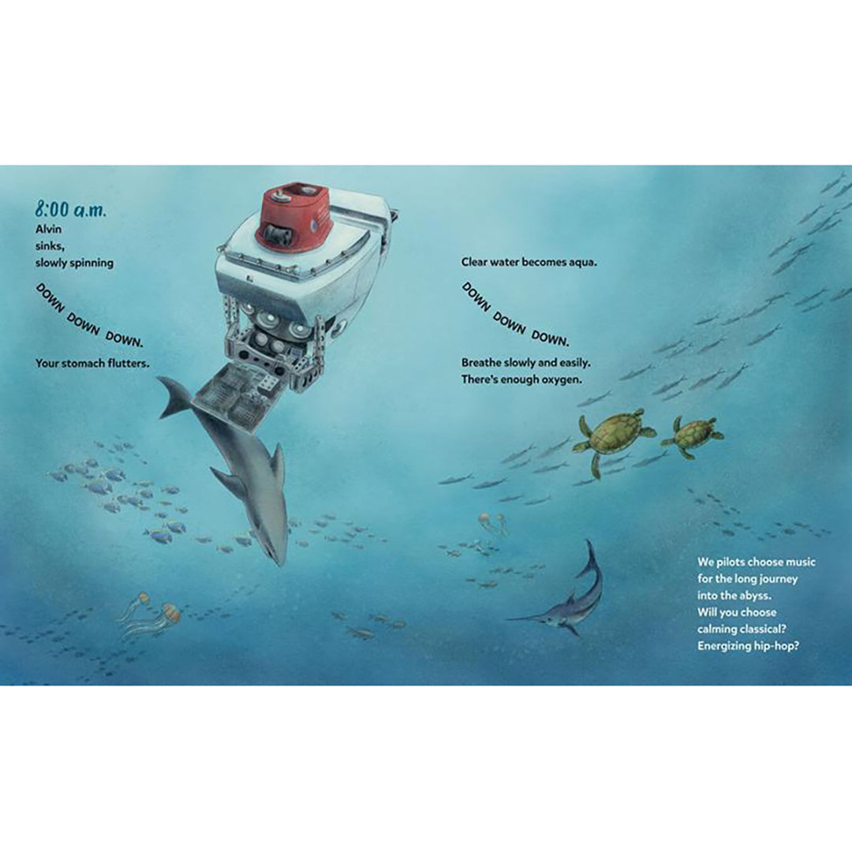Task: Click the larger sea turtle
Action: click(x=614, y=436)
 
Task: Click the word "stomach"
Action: click(x=88, y=364)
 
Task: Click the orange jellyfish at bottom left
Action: click(x=169, y=612)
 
